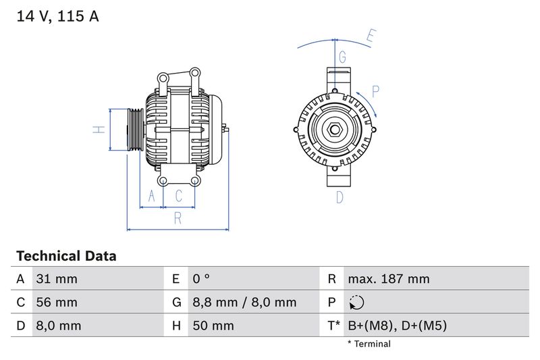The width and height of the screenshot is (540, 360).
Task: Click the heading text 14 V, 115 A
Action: click(57, 16)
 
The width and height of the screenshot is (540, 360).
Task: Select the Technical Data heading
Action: click(66, 256)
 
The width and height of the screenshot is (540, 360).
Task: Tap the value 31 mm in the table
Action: click(57, 279)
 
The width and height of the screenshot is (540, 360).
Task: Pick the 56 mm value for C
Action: click(57, 303)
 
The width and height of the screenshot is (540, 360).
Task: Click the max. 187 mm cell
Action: click(388, 279)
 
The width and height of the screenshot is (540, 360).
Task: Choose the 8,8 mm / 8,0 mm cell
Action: click(244, 303)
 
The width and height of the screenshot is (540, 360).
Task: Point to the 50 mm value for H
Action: click(213, 326)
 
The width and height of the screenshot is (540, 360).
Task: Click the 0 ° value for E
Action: click(201, 279)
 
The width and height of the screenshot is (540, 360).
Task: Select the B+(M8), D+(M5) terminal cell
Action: click(397, 326)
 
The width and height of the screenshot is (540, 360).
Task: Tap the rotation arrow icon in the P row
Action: click(357, 303)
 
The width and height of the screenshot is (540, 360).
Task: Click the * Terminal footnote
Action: click(369, 344)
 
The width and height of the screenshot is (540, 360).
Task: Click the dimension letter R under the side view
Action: click(178, 217)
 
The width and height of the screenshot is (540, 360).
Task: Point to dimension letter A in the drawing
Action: click(152, 196)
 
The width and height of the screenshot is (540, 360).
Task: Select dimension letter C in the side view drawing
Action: click(179, 196)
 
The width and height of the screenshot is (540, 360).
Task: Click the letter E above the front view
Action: click(370, 36)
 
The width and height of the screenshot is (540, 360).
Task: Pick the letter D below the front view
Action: click(340, 197)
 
